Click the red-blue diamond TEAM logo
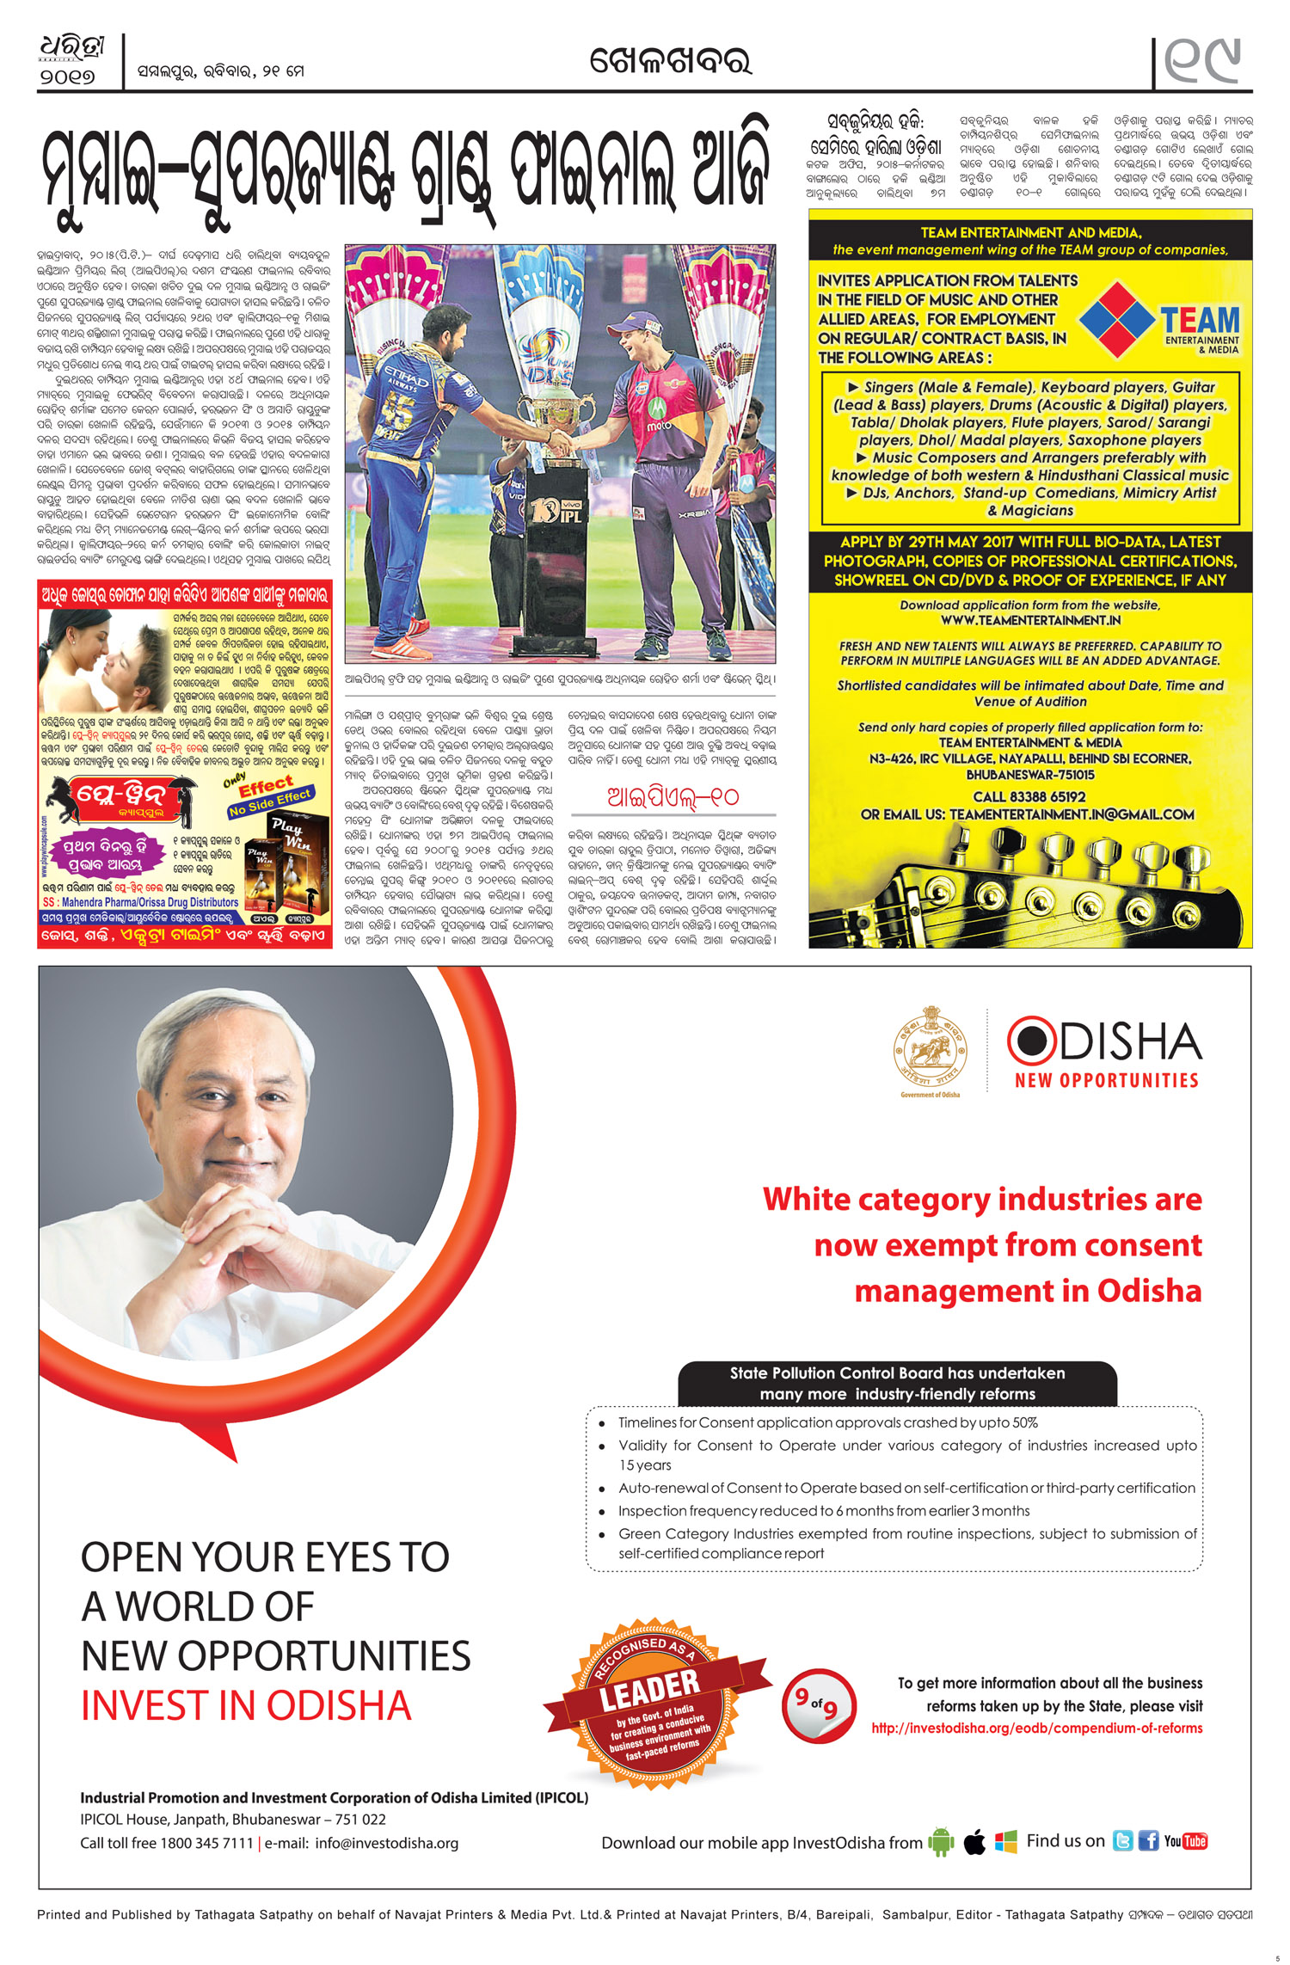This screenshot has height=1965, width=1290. pos(1116,319)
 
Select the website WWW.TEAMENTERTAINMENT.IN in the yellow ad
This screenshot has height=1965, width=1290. pos(1030,620)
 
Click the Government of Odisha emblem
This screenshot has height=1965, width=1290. pos(930,1049)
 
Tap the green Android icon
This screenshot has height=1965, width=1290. pos(942,1841)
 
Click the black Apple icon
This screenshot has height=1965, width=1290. pos(974,1842)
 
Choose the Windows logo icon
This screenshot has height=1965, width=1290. pos(1005,1841)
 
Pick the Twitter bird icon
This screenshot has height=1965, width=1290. pos(1122,1840)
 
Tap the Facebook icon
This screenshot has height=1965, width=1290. pos(1148,1840)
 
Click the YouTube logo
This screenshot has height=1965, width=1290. pos(1186,1841)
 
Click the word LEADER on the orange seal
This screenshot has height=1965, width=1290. pos(649,1690)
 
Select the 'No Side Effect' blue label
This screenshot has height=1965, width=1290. pos(270,802)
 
